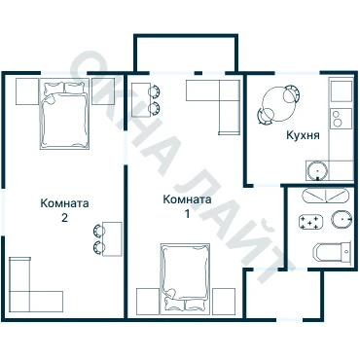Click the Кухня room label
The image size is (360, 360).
[x=303, y=135]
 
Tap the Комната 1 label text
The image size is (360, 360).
[x=187, y=206]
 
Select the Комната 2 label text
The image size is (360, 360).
[x=64, y=210]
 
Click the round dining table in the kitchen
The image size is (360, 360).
[x=278, y=104]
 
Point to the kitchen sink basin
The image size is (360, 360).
[x=317, y=170]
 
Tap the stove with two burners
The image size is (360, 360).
[x=342, y=119]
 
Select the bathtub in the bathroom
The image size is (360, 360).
[x=326, y=196]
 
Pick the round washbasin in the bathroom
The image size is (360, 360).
[x=342, y=219]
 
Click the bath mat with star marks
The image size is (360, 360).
[x=311, y=222]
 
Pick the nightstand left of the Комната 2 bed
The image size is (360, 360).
[x=27, y=91]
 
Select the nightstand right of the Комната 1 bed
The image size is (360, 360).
[x=224, y=302]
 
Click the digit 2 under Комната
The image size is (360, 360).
[x=64, y=218]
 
